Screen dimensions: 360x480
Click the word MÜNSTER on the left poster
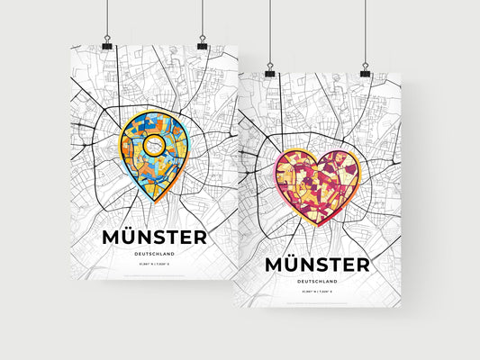[x=154, y=237]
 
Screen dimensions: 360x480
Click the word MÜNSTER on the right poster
[x=316, y=265]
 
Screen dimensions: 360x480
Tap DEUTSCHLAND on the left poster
[x=154, y=256]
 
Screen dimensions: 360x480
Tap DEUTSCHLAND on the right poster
[x=316, y=283]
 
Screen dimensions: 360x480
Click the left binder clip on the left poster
[x=106, y=45]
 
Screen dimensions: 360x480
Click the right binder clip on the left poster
[x=202, y=45]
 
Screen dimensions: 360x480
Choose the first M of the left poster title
[x=113, y=237]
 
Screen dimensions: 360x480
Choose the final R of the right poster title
[x=360, y=265]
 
